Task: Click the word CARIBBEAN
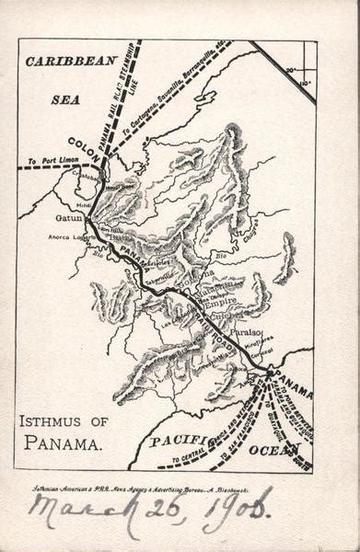tap(71, 63)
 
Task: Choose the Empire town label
tap(222, 301)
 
